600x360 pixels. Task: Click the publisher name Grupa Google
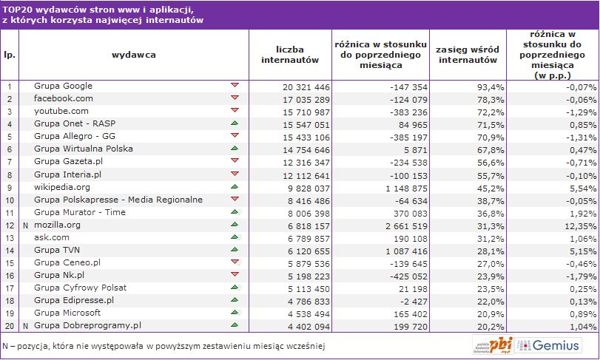[63, 86]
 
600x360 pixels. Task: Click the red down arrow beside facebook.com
[235, 98]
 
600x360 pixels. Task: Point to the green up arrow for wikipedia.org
[235, 186]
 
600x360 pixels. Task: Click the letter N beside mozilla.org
[25, 225]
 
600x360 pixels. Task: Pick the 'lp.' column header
[10, 55]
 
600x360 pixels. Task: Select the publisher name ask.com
[53, 237]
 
